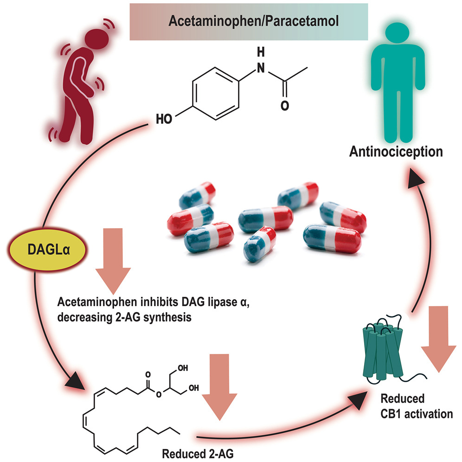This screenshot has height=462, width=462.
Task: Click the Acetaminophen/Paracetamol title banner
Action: click(249, 21)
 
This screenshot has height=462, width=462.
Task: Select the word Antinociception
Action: click(403, 151)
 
